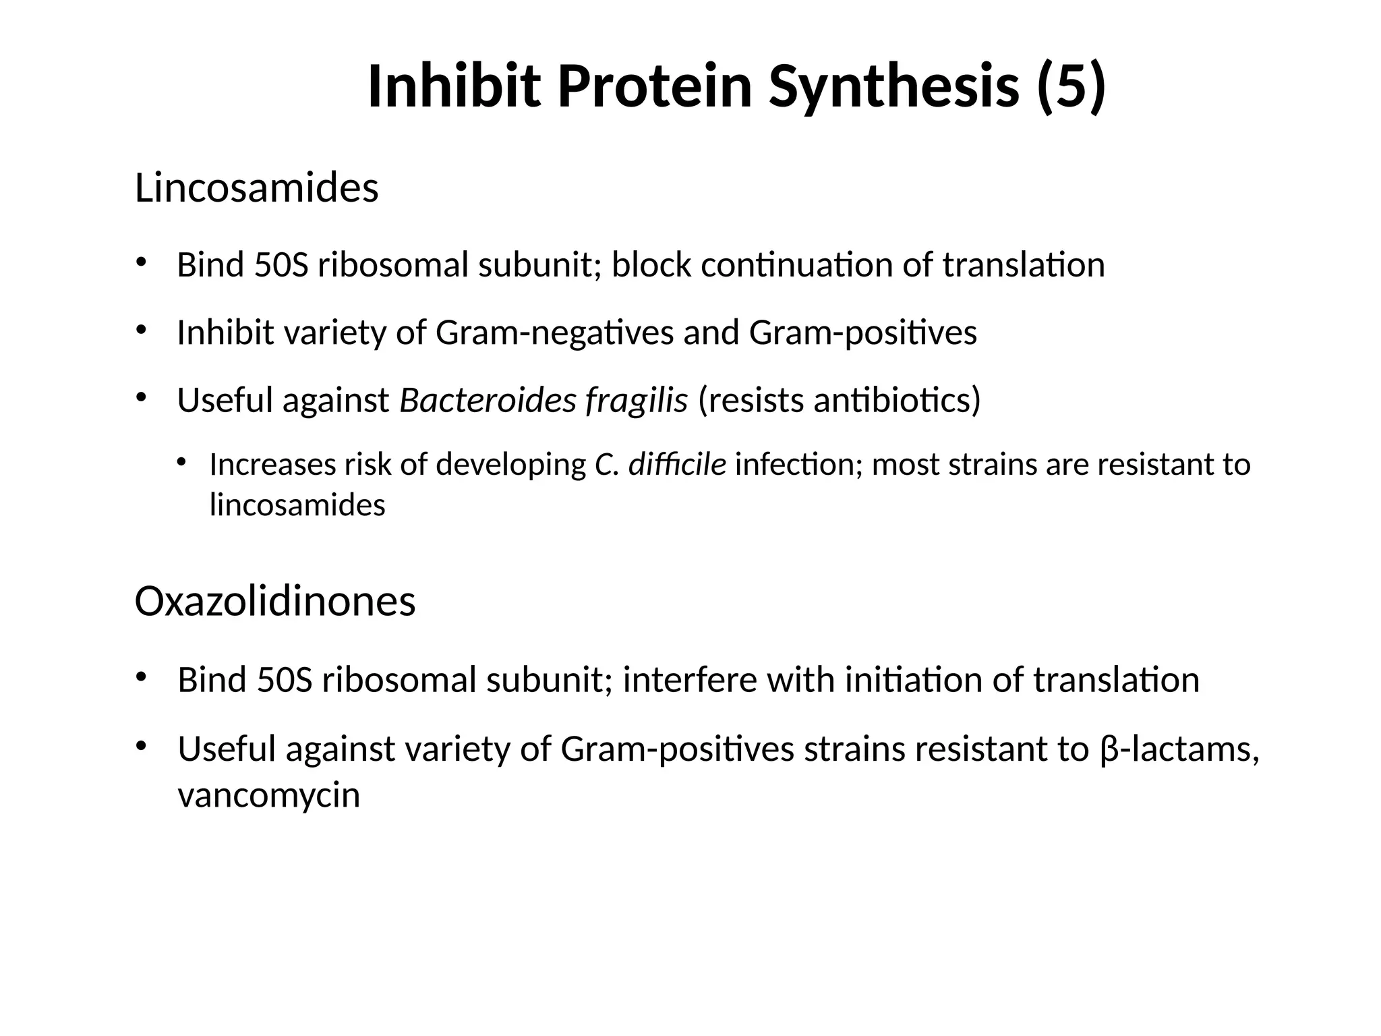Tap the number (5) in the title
tap(1071, 86)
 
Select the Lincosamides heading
tap(256, 188)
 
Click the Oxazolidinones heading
tap(274, 602)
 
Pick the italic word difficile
tap(677, 465)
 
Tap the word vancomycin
tap(268, 795)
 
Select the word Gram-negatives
tap(555, 333)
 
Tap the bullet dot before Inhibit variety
tap(140, 330)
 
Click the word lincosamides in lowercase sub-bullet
tap(297, 505)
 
